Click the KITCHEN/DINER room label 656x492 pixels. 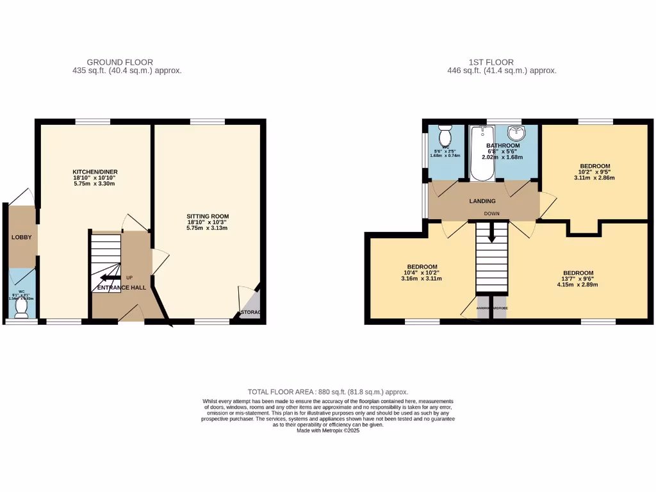tap(95, 172)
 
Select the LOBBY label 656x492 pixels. tap(21, 238)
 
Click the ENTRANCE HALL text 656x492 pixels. tap(121, 288)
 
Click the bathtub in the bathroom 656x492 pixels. tap(482, 154)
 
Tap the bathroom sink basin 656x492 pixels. tap(516, 134)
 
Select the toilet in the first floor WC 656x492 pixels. tap(445, 136)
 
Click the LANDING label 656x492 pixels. tap(482, 201)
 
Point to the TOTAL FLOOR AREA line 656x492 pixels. tap(328, 391)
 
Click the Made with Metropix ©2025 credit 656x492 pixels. tap(328, 430)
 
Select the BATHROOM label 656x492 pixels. tap(503, 146)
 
